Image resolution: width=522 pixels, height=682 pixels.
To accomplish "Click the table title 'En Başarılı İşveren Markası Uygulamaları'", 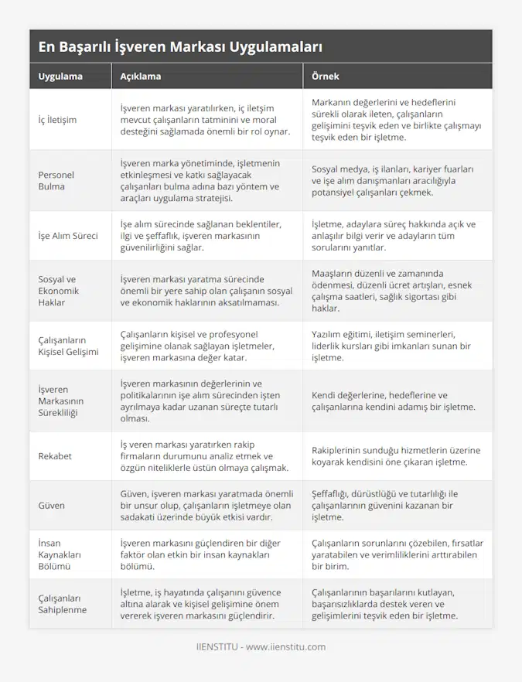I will (180, 46).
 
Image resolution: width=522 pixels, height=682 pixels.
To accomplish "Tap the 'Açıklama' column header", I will (141, 77).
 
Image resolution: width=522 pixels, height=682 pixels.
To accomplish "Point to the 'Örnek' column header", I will (325, 77).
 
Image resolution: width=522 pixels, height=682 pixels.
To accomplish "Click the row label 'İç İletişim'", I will (57, 120).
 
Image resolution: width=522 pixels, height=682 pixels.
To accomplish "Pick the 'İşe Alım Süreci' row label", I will (68, 236).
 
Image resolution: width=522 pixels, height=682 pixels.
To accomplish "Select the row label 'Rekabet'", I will (55, 456).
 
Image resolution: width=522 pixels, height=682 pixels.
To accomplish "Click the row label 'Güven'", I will (51, 505).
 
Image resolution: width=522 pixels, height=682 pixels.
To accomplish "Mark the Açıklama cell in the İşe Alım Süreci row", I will (202, 236).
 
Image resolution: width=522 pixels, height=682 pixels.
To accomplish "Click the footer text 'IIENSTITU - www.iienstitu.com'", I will (261, 646).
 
